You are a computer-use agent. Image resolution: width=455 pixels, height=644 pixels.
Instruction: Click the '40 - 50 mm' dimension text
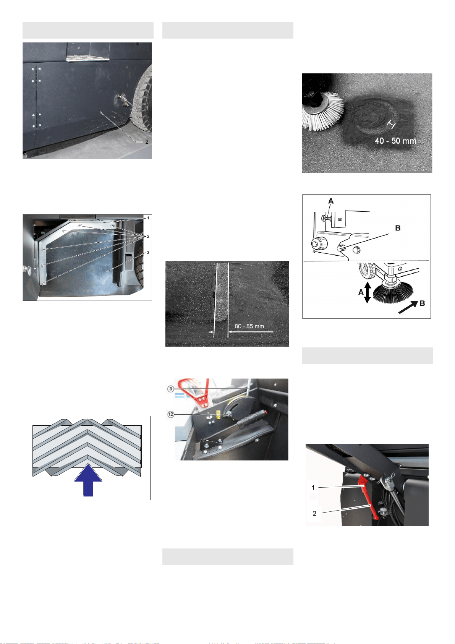click(x=395, y=141)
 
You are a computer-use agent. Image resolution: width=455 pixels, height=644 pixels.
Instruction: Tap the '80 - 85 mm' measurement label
click(x=249, y=326)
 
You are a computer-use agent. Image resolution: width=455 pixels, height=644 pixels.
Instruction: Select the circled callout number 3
click(x=171, y=389)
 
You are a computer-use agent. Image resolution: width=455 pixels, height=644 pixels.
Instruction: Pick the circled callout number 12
click(x=171, y=414)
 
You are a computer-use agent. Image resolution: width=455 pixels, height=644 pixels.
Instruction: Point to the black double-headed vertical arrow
click(x=368, y=292)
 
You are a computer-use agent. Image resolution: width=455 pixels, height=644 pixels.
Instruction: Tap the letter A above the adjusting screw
click(x=331, y=201)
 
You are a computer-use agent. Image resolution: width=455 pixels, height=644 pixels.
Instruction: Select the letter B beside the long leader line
click(x=398, y=228)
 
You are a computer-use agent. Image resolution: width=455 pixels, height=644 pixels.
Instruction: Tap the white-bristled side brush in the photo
click(x=322, y=111)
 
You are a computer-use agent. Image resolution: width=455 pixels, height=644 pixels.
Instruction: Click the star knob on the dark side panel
click(x=123, y=100)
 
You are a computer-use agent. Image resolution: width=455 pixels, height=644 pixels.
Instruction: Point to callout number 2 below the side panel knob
click(x=147, y=142)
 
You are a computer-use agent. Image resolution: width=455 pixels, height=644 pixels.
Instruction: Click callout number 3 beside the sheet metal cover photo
click(x=148, y=252)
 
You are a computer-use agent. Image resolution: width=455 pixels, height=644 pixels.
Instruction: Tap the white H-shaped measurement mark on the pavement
click(x=391, y=124)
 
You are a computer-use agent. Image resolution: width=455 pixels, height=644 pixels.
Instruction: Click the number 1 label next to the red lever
click(x=313, y=487)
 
